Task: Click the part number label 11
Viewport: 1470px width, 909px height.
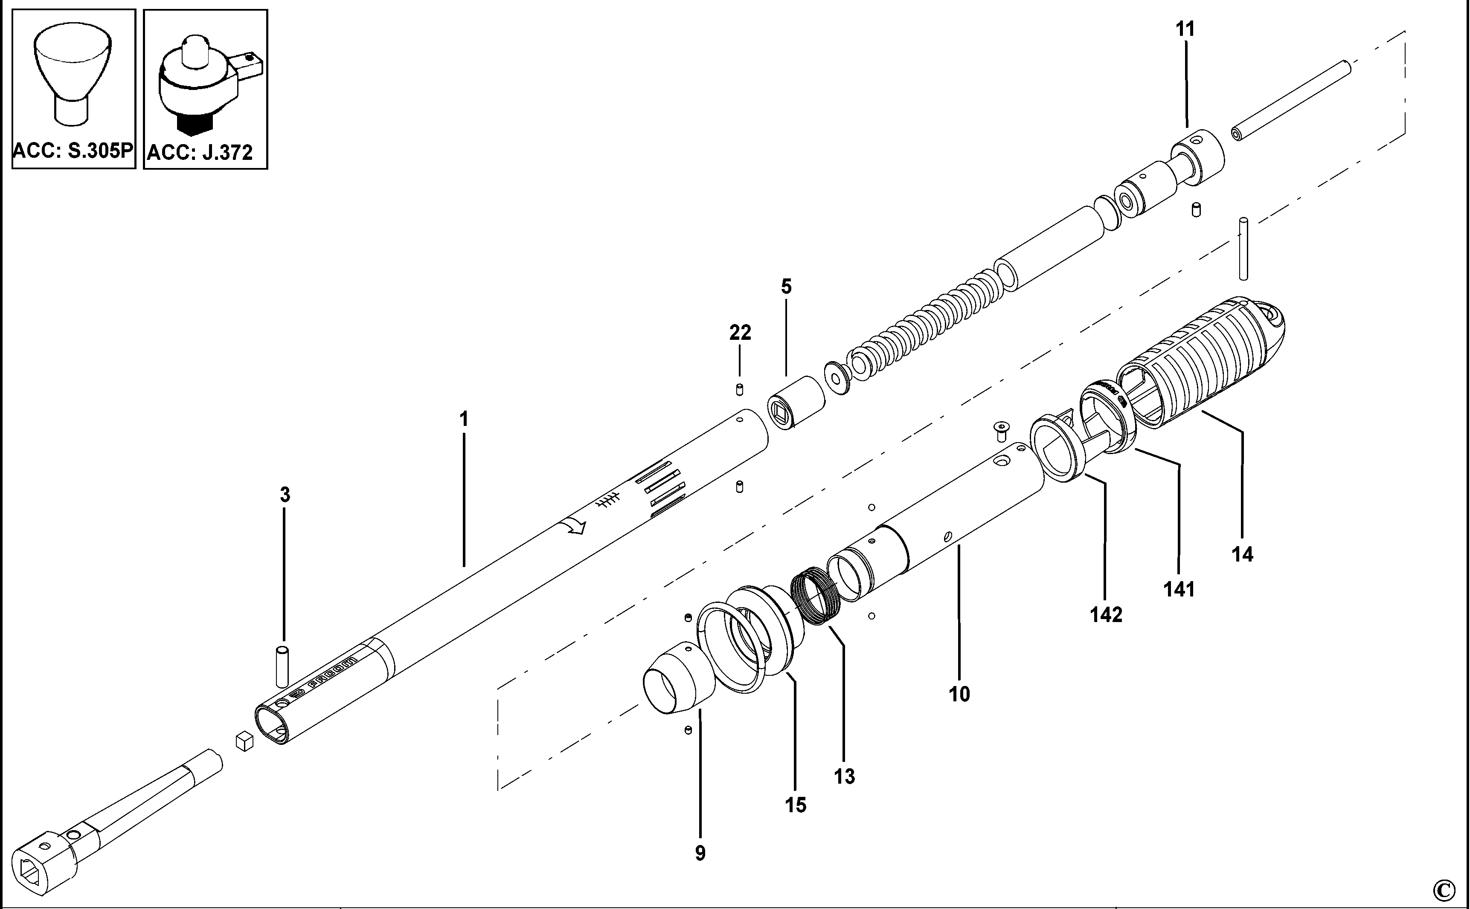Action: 1185,29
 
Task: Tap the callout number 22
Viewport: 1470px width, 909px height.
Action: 740,333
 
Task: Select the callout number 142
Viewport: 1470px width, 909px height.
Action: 1106,614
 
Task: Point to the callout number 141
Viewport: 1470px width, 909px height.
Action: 1179,589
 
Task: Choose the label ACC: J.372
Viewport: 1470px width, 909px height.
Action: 200,153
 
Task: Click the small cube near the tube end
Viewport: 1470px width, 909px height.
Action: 244,741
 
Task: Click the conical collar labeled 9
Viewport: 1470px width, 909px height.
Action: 677,679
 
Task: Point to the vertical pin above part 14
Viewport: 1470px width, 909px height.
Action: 1243,249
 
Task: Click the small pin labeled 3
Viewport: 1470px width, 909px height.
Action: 282,666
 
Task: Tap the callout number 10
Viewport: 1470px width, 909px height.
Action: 959,695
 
